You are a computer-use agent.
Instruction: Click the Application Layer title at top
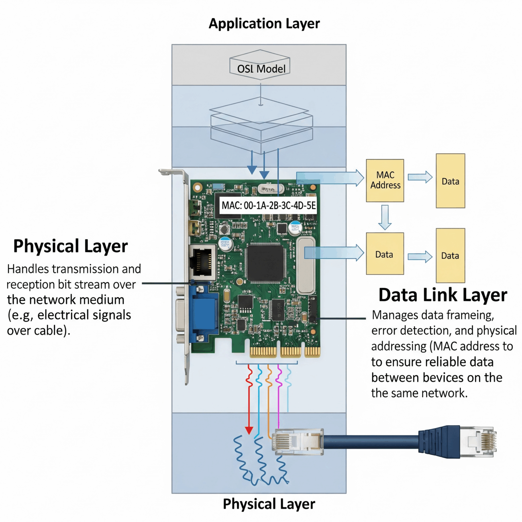(264, 24)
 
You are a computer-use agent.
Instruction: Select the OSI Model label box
(261, 69)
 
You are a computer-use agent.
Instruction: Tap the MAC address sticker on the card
(268, 205)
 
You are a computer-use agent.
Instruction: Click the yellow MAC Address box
(385, 180)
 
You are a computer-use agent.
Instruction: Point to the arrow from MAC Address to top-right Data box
(420, 177)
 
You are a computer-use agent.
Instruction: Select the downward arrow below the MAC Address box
(385, 217)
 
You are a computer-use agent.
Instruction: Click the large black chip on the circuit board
(265, 263)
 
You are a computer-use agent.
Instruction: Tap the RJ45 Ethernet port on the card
(202, 262)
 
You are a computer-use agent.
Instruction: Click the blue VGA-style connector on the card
(205, 313)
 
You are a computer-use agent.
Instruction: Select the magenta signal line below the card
(279, 391)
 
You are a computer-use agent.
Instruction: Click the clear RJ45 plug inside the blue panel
(297, 441)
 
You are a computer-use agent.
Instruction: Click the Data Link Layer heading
(442, 295)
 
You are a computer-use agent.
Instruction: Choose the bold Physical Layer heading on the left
(70, 246)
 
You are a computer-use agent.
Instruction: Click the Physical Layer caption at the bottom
(269, 504)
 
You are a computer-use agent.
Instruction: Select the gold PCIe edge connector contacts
(285, 352)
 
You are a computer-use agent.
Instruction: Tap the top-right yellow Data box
(450, 181)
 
